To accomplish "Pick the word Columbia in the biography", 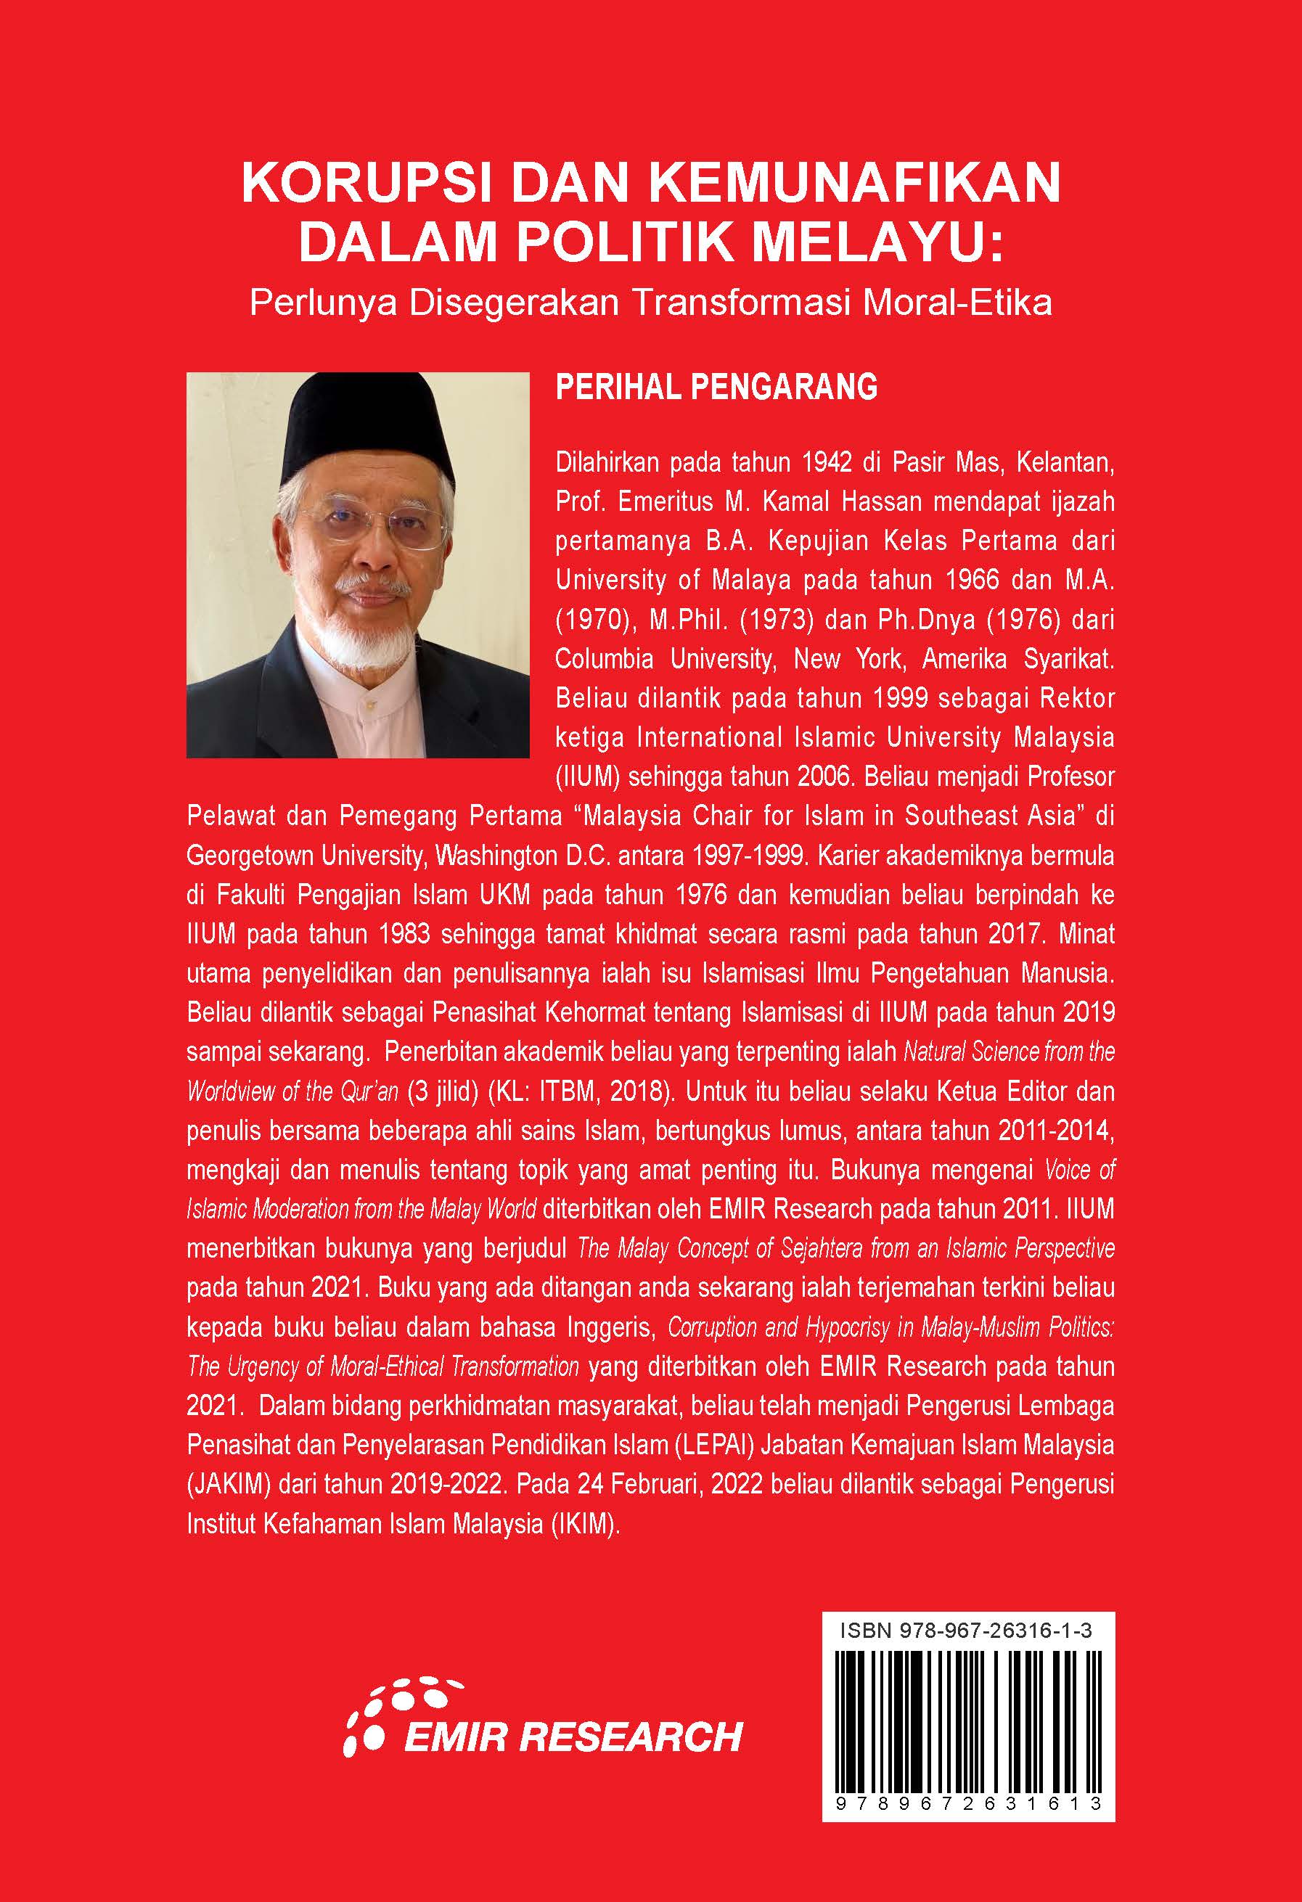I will tap(605, 660).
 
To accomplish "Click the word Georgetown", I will tap(249, 856).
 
